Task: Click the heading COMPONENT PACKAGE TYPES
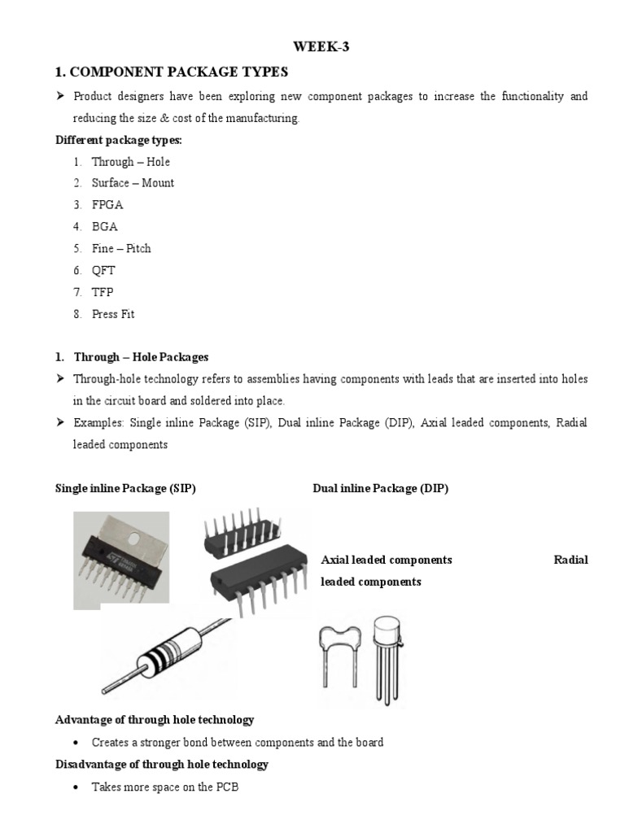pyautogui.click(x=172, y=72)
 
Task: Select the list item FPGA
pyautogui.click(x=107, y=205)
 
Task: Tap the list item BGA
pyautogui.click(x=105, y=227)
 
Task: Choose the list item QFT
pyautogui.click(x=105, y=271)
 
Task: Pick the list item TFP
pyautogui.click(x=104, y=292)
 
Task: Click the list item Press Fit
pyautogui.click(x=113, y=314)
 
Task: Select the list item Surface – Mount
pyautogui.click(x=133, y=183)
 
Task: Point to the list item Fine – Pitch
pyautogui.click(x=121, y=249)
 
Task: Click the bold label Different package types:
pyautogui.click(x=119, y=140)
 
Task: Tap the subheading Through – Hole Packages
pyautogui.click(x=141, y=357)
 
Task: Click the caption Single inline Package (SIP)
pyautogui.click(x=125, y=489)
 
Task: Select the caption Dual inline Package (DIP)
pyautogui.click(x=380, y=489)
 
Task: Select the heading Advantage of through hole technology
pyautogui.click(x=155, y=720)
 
